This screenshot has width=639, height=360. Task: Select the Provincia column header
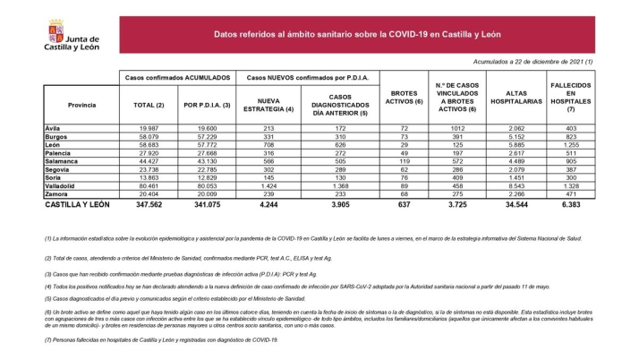(x=81, y=104)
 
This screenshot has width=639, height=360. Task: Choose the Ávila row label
(x=53, y=129)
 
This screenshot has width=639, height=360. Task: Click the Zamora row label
(x=56, y=193)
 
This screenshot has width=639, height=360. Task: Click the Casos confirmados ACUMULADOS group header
(x=179, y=78)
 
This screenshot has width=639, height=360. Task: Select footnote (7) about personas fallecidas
(x=161, y=339)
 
